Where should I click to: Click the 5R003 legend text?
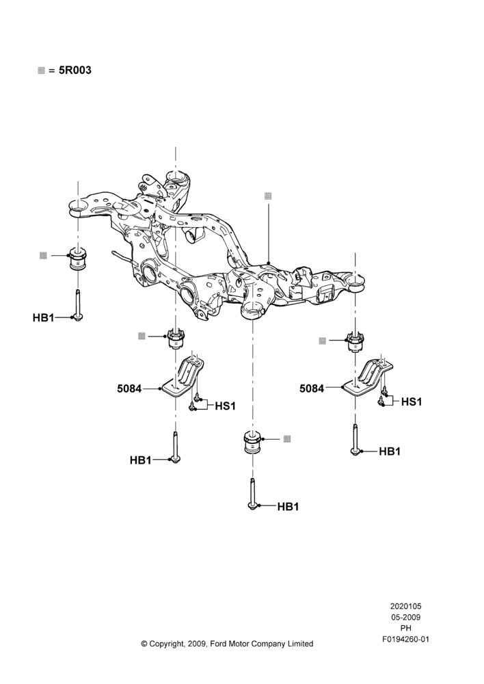click(75, 70)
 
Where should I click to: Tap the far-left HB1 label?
click(43, 317)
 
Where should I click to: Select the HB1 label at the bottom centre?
click(288, 506)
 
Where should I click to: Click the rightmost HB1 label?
click(390, 451)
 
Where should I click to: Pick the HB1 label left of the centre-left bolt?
click(140, 460)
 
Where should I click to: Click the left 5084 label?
click(129, 389)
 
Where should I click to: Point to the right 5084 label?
click(312, 389)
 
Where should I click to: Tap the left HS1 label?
click(226, 406)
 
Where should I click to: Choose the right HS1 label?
click(412, 402)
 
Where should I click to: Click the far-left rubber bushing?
click(78, 259)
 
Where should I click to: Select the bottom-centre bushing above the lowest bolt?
click(252, 443)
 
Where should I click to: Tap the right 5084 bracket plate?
click(368, 374)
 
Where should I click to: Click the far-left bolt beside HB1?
click(78, 305)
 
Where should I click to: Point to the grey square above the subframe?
click(268, 196)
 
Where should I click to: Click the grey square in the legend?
click(42, 70)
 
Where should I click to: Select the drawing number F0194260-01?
click(405, 640)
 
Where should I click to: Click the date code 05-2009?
click(405, 617)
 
